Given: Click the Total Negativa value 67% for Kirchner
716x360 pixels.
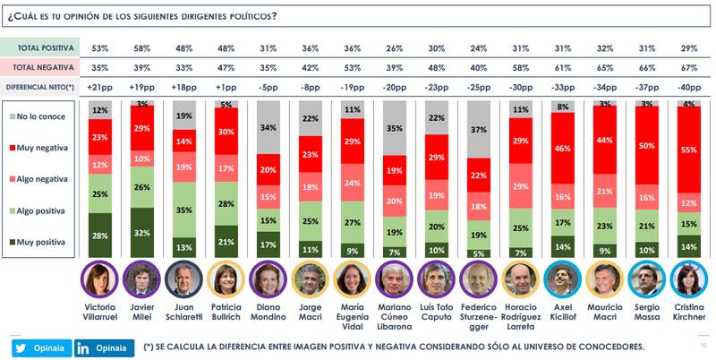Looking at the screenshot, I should (689, 66).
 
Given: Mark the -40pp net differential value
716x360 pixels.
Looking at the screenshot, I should (689, 87).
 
